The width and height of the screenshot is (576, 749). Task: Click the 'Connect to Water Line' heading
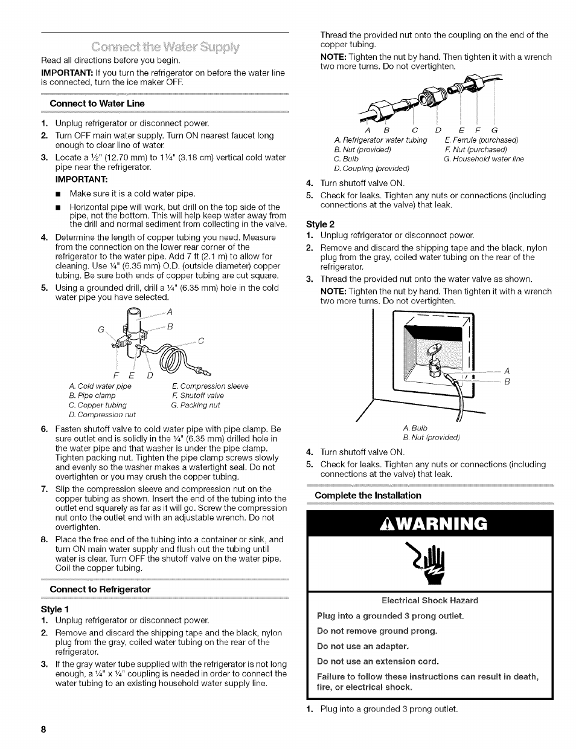(97, 103)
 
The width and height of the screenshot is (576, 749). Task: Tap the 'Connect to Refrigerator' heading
(100, 589)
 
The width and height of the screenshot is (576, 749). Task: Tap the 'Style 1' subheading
(56, 609)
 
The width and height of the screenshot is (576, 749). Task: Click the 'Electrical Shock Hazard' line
(430, 600)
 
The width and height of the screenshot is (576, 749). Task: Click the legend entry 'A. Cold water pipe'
(100, 386)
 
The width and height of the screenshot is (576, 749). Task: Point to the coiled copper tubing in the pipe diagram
(173, 362)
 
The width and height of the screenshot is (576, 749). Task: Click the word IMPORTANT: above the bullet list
(82, 180)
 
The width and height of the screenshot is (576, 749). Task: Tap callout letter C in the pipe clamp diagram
(201, 341)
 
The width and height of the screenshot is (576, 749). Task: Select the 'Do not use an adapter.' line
(363, 646)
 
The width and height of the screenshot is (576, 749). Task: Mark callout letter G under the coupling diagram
(494, 130)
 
